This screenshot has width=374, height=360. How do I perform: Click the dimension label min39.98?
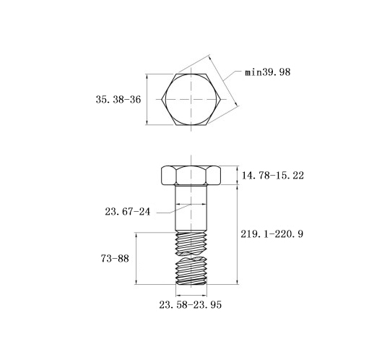click(x=268, y=72)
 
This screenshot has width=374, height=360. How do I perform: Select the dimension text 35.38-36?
click(x=118, y=100)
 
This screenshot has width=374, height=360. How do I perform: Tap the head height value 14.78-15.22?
click(x=273, y=176)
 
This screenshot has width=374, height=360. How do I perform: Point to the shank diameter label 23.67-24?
click(x=128, y=212)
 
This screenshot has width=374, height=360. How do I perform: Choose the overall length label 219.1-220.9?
click(x=272, y=234)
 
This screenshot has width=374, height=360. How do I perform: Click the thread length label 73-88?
click(x=115, y=259)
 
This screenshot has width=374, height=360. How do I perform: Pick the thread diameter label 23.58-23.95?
click(x=190, y=305)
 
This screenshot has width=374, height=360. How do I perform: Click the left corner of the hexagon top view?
click(x=162, y=99)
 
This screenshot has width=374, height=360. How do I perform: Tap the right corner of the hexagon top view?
click(x=221, y=99)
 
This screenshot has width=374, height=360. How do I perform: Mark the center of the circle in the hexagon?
click(x=191, y=99)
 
